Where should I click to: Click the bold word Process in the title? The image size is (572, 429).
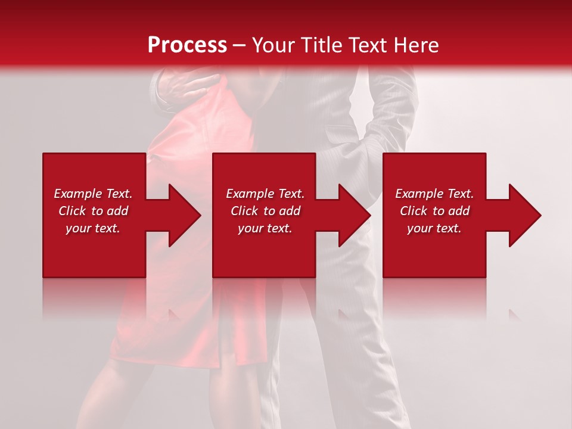(187, 45)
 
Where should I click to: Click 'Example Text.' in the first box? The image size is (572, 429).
(93, 194)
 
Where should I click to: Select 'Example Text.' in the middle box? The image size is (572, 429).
(265, 194)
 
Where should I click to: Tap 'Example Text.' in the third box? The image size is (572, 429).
(434, 194)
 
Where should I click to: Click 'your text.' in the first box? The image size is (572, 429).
(93, 228)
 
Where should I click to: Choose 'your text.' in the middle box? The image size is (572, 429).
(265, 228)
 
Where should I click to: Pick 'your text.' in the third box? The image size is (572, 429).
(434, 228)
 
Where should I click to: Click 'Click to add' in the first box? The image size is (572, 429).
(93, 211)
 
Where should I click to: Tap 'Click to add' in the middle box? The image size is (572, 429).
(265, 211)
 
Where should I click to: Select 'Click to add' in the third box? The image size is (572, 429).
(434, 211)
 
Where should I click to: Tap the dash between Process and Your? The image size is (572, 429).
(240, 46)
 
